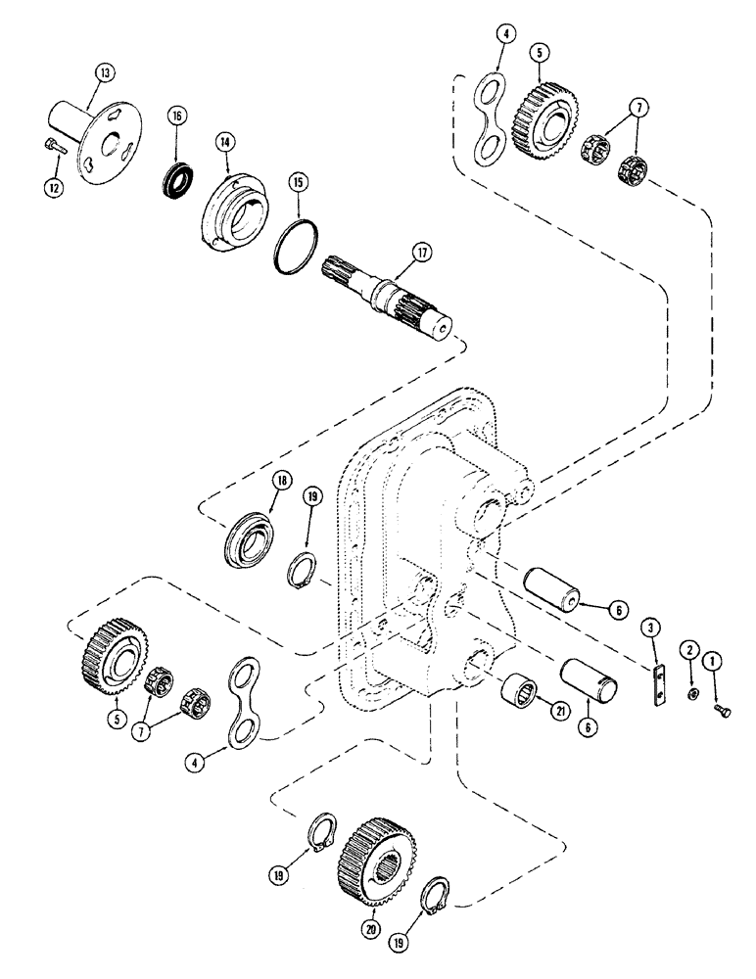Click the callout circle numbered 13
(x=104, y=71)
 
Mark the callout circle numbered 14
(x=226, y=142)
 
